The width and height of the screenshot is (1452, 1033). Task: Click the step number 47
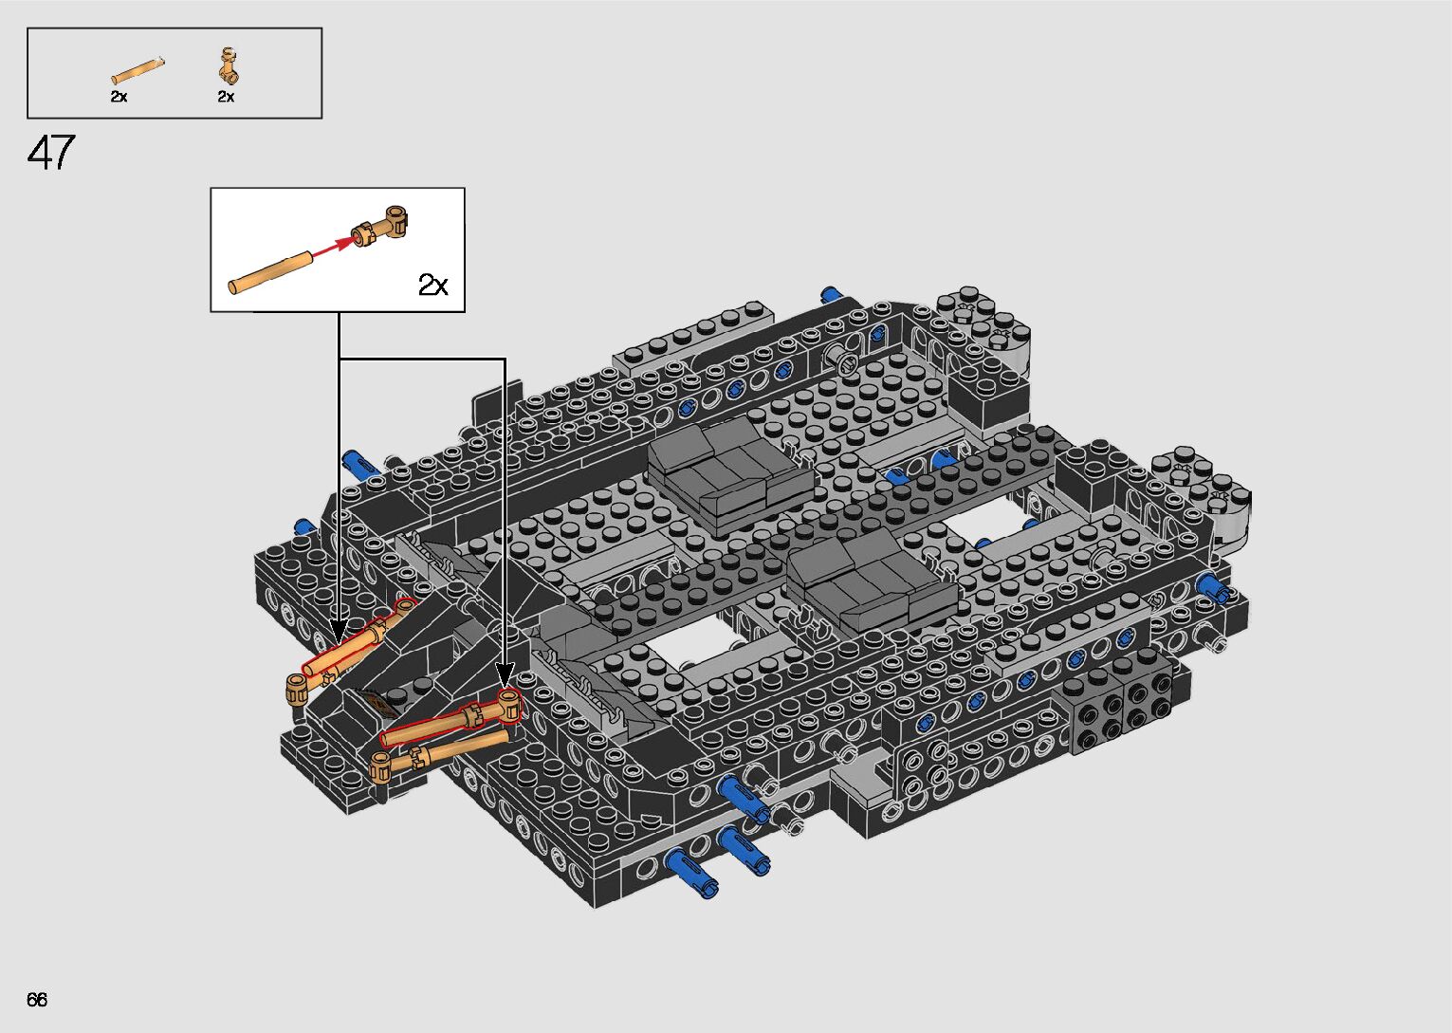click(51, 153)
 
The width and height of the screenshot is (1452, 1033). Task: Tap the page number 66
click(37, 999)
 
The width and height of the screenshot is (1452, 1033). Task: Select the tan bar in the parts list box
click(138, 71)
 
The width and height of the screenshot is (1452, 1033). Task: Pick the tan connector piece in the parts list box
click(229, 65)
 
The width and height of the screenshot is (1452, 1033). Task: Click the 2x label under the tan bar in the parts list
click(119, 97)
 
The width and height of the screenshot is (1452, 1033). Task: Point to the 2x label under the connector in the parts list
click(226, 97)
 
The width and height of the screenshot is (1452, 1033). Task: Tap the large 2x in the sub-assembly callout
click(433, 284)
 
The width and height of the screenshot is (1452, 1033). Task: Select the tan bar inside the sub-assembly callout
click(271, 272)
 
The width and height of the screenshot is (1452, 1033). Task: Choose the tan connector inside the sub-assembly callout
click(380, 225)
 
